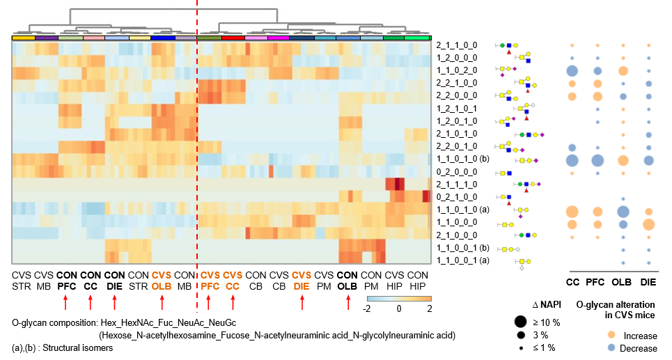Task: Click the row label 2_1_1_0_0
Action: coord(457,45)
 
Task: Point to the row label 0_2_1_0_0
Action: coord(457,196)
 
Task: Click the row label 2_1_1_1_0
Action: coord(457,184)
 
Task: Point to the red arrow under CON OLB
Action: coord(347,302)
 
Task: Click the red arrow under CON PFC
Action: coord(65,302)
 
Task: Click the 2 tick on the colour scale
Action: coord(430,308)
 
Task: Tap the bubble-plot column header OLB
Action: coord(623,281)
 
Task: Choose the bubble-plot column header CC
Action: coord(572,281)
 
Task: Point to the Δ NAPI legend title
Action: coord(533,305)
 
